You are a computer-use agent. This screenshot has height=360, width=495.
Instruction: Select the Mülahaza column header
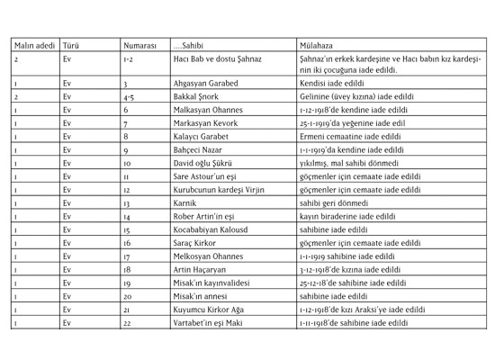319,43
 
